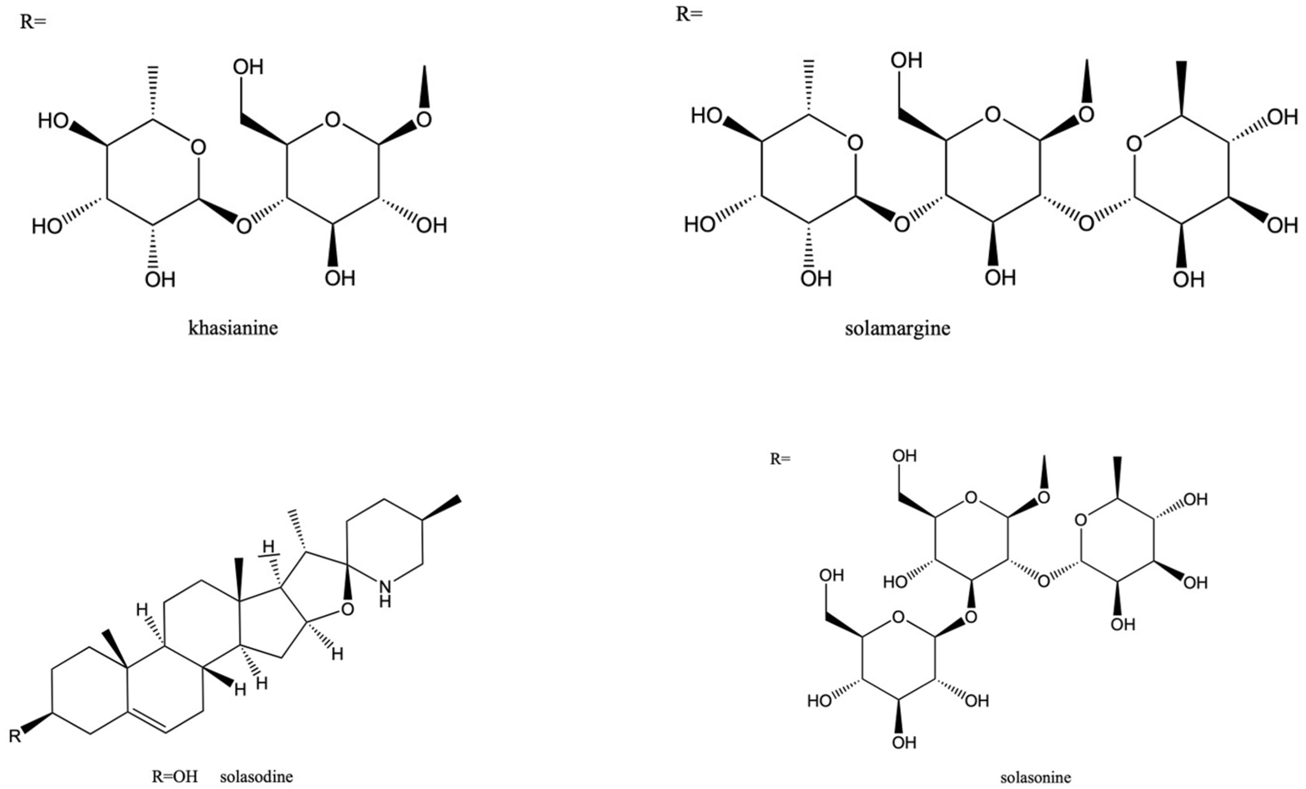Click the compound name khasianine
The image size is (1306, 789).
233,328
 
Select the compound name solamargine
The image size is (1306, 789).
897,328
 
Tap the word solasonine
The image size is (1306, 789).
1035,777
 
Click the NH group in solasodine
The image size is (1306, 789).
385,593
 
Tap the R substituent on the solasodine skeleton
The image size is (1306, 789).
15,736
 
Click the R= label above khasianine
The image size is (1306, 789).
33,22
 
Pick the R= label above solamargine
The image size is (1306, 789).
689,14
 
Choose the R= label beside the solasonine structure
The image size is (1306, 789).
780,459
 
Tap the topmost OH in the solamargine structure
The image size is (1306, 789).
906,60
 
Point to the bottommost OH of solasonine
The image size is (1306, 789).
904,742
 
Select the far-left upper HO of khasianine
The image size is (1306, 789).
53,121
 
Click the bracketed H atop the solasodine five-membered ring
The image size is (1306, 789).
269,546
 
